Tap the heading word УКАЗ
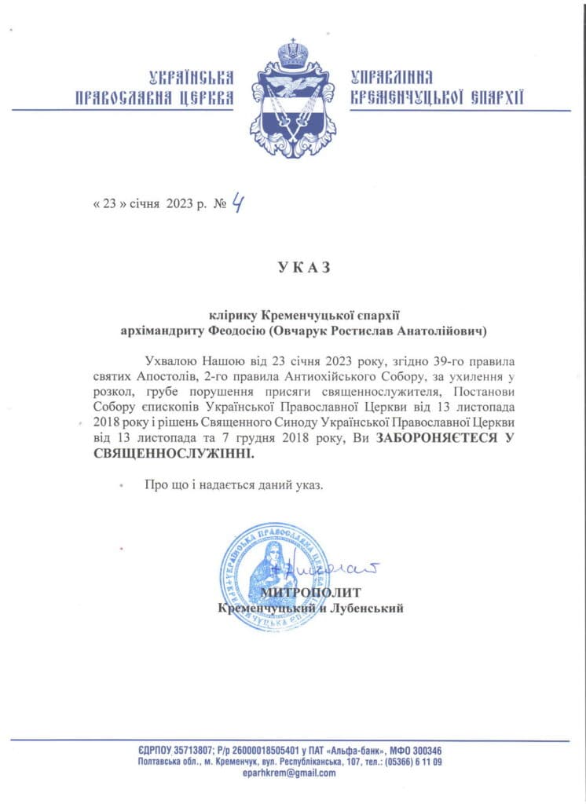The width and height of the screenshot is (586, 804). coord(292,267)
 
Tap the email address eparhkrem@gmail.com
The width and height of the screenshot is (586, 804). coord(292,773)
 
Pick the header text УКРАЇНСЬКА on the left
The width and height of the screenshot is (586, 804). coord(192,77)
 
